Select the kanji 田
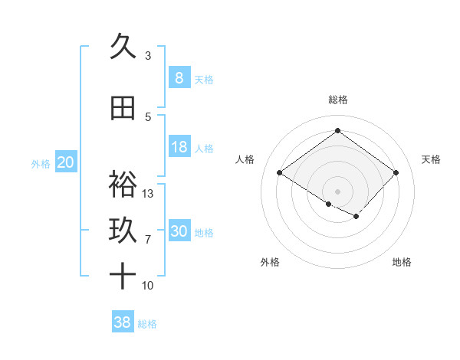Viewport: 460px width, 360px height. point(123,108)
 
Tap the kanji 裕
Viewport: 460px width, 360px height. point(123,184)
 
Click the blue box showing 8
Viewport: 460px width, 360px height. point(179,78)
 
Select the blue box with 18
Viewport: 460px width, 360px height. point(179,147)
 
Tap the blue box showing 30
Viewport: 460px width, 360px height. point(179,231)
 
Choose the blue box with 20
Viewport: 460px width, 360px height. point(66,162)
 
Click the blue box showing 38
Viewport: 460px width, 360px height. point(123,322)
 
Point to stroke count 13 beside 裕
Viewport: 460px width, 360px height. point(148,193)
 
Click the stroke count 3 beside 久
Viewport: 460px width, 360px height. point(148,55)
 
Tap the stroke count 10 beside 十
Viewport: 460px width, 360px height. point(148,286)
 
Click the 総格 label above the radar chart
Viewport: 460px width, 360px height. point(337,100)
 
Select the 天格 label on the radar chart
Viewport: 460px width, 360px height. point(431,159)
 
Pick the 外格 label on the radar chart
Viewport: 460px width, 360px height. point(269,262)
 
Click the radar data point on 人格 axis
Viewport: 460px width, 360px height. point(280,173)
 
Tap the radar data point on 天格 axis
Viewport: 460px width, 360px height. point(396,173)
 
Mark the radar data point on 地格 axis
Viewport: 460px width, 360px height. point(356,218)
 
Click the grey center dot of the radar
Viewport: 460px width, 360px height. point(337,191)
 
